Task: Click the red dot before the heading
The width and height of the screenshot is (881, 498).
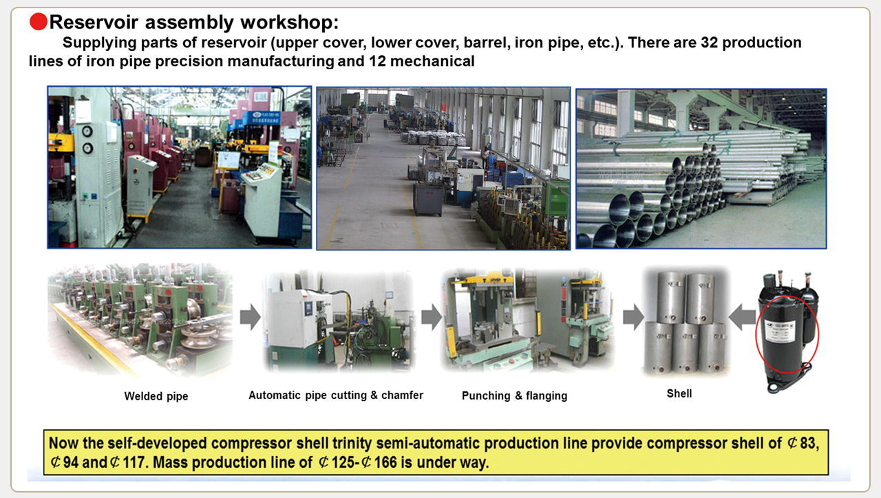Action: coord(39,21)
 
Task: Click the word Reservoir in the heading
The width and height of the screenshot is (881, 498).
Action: coord(94,22)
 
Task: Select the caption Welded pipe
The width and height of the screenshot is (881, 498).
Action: coord(156,396)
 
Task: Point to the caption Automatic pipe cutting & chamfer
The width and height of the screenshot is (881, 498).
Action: coord(336,395)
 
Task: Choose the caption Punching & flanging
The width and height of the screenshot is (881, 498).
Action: coord(514,396)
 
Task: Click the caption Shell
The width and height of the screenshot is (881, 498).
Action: coord(679,393)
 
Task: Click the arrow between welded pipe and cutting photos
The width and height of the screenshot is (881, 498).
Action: coord(250,317)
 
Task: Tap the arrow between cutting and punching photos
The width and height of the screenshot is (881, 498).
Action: coord(432,317)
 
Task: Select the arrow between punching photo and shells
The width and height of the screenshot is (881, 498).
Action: coord(633,317)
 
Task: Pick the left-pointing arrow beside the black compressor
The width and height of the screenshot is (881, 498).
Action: coord(742,317)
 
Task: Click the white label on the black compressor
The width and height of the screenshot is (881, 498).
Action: coord(780,331)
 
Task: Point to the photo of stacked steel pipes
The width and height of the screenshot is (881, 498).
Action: coord(701,169)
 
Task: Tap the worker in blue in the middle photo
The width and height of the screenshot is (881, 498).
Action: coord(491,160)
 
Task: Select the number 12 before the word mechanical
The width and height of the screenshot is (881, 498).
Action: coord(378,61)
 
